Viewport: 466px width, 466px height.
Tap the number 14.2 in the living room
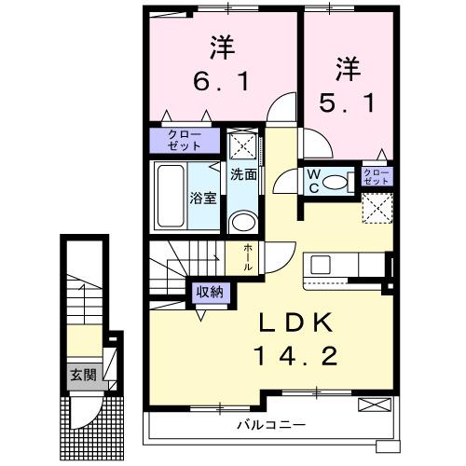click(x=291, y=355)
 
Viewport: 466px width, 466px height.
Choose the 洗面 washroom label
click(x=243, y=174)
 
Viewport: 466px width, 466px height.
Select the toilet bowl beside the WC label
click(x=342, y=180)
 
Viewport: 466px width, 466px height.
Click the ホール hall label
click(x=246, y=256)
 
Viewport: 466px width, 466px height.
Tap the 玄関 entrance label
click(x=81, y=376)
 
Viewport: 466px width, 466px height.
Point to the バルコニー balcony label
click(x=270, y=425)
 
